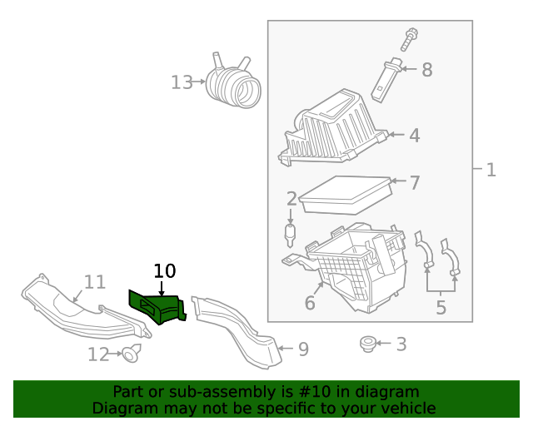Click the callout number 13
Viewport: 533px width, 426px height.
182,82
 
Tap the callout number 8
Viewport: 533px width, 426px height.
426,70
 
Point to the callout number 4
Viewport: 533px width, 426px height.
414,135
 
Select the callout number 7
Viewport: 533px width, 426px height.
414,181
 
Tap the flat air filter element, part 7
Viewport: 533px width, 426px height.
345,193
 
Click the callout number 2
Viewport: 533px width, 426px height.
291,199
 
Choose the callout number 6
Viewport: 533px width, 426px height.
310,303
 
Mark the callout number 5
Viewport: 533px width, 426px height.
441,308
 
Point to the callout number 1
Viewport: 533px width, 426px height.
491,170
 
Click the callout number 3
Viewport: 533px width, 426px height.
401,344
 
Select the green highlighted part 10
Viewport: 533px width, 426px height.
157,307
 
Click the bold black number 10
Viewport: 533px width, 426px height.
165,270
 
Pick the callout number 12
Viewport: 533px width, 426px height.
98,354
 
